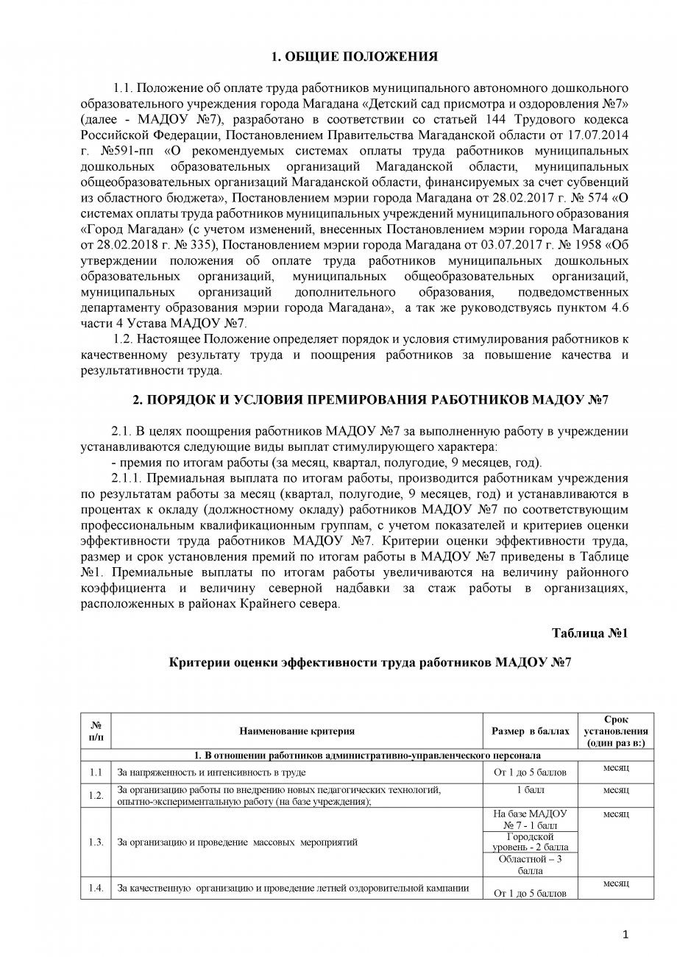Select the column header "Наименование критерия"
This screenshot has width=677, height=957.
pos(297,731)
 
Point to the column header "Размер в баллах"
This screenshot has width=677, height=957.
pos(531,731)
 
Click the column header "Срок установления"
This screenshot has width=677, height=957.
pos(616,731)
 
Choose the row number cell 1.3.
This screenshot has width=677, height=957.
pos(95,842)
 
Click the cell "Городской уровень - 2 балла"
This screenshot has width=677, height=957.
pos(531,842)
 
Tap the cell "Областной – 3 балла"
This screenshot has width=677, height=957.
pos(531,865)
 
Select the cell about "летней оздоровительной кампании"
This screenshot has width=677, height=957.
pos(294,888)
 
